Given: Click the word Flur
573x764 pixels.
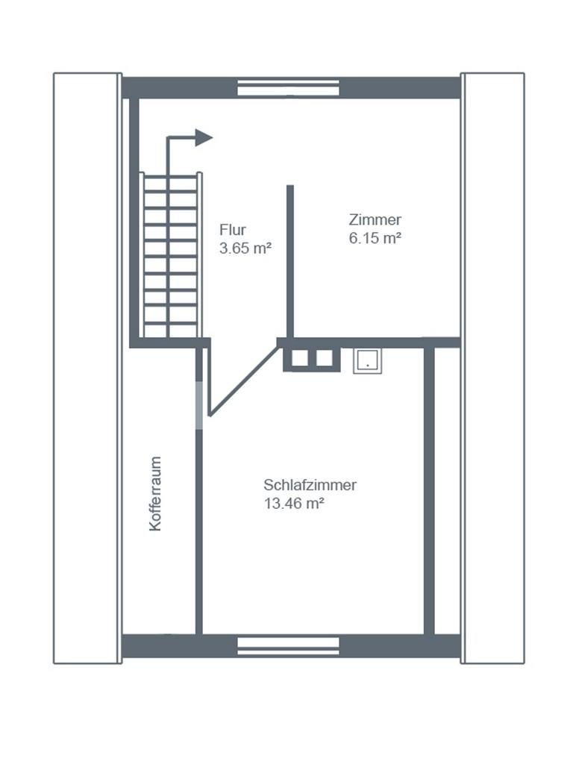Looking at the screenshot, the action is [233, 230].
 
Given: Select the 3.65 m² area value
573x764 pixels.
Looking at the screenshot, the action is [245, 248].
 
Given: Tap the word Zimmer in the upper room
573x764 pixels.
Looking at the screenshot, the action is [375, 220].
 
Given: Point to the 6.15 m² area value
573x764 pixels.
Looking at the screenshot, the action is [375, 238].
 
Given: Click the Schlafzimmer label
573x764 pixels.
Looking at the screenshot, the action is [310, 485].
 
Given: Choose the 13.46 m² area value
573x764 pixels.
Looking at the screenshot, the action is [294, 504].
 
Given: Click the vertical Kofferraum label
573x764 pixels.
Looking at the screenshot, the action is [155, 494].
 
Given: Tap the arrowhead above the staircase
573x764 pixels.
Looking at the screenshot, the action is [204, 137].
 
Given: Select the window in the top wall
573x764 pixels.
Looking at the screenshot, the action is [288, 88].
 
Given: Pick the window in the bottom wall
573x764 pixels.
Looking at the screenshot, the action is [288, 646].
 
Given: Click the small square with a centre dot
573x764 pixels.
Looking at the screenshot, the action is [367, 361].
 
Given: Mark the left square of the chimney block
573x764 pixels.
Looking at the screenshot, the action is [300, 358].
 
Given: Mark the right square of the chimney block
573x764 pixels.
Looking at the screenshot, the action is [325, 358].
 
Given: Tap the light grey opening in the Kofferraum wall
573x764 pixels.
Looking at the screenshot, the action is [198, 405].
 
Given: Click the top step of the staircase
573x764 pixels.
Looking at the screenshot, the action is [170, 176].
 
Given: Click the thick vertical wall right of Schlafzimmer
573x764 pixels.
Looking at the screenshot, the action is [429, 491].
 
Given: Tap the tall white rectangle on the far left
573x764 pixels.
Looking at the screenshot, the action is [88, 368].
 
